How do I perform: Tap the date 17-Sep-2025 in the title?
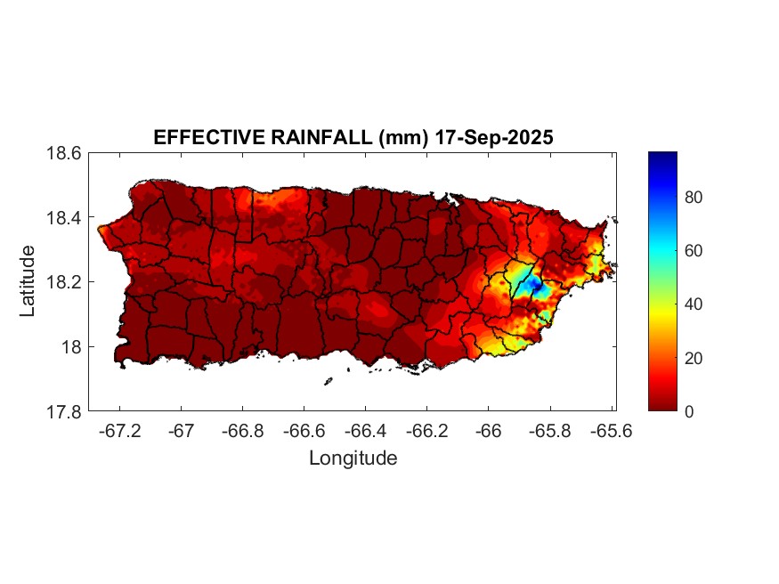[x=494, y=137]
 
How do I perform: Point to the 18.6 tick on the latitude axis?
[x=65, y=153]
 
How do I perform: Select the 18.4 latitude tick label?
[x=65, y=218]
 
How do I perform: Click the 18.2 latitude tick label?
[x=65, y=282]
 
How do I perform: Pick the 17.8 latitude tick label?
[x=65, y=411]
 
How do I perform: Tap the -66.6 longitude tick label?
[x=304, y=431]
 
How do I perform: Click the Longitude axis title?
[x=353, y=458]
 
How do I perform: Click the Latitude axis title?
[x=28, y=280]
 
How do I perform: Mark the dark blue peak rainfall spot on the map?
[x=535, y=285]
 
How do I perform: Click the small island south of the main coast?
[x=328, y=382]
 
